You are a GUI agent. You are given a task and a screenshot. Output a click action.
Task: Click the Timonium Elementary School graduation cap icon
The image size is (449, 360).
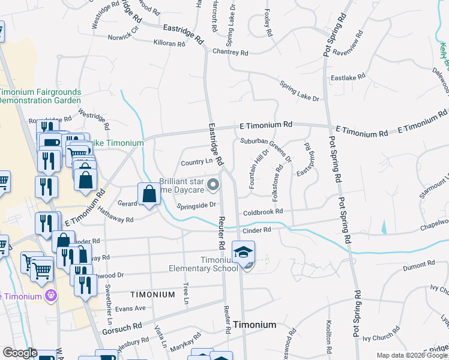tap(243, 252)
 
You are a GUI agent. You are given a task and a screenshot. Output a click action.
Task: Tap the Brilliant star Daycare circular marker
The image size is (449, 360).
tap(212, 186)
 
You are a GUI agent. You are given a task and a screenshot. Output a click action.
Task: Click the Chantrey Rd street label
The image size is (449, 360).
tap(230, 53)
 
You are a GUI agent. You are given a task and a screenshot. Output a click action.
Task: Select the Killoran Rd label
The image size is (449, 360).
tap(169, 44)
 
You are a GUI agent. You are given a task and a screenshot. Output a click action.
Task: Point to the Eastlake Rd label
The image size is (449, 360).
tap(348, 77)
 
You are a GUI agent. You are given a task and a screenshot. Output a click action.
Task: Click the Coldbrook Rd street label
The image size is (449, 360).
tap(263, 212)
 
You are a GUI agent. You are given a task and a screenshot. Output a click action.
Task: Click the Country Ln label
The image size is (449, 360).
tap(197, 162)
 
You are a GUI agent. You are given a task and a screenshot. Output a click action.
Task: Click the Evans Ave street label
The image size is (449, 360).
tap(131, 308)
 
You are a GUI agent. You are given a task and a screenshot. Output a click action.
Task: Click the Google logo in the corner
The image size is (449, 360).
tap(20, 353)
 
